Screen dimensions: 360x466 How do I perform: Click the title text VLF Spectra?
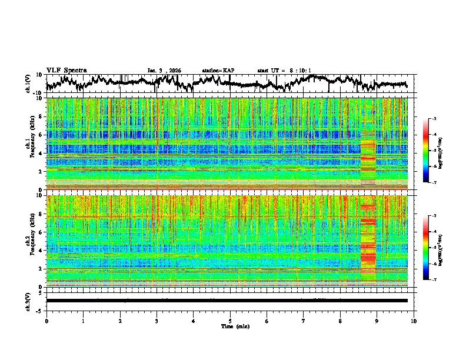(66, 70)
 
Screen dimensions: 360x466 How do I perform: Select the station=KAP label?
(218, 71)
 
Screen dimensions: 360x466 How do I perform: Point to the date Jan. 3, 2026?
(164, 71)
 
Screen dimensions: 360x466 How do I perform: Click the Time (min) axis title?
(234, 326)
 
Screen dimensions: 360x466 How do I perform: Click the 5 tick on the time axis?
(230, 321)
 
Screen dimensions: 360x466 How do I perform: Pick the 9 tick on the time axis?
(377, 321)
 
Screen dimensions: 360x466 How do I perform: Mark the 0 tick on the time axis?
(46, 321)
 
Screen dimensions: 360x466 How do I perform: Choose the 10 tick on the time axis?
(414, 321)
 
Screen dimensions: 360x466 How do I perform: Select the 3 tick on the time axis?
(157, 321)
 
